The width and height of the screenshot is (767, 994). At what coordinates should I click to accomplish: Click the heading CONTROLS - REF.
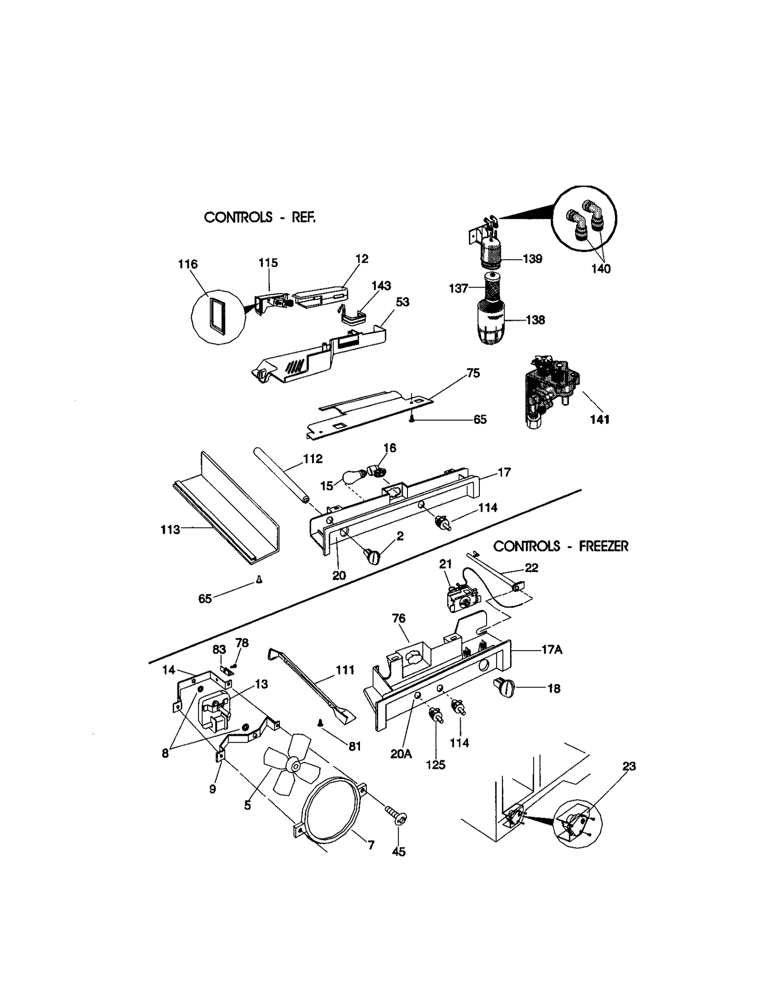click(x=259, y=217)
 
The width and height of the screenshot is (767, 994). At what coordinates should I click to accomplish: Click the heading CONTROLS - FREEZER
click(x=560, y=546)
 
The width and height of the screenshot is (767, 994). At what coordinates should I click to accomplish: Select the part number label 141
click(x=599, y=420)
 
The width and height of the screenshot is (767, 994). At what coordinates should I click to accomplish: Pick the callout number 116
click(x=187, y=264)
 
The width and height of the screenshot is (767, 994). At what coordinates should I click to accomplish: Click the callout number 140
click(x=601, y=269)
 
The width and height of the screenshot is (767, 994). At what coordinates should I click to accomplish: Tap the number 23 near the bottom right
click(x=628, y=766)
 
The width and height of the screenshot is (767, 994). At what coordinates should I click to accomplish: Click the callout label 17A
click(x=551, y=650)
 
